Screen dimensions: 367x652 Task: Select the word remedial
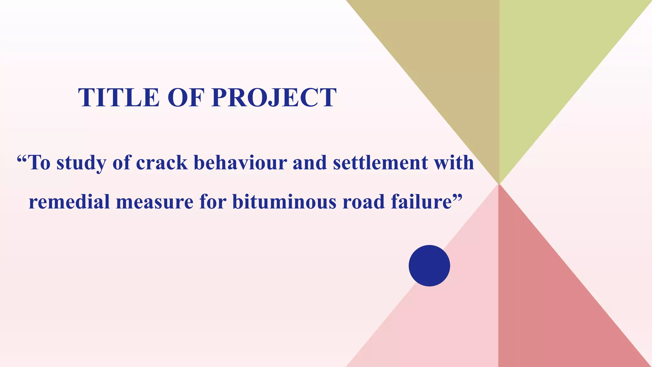[x=69, y=202]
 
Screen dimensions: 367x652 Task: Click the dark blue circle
[x=429, y=266]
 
